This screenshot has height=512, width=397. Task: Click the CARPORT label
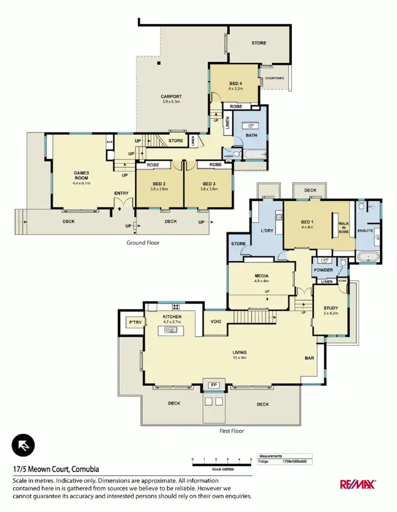(x=171, y=97)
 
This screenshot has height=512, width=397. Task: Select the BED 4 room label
(x=236, y=83)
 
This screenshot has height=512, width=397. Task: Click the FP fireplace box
(x=214, y=385)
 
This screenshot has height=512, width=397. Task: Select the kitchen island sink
(x=171, y=330)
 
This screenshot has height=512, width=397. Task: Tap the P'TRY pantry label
(x=131, y=322)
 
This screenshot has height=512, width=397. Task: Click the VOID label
(x=215, y=321)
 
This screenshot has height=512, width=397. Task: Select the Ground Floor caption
(x=142, y=243)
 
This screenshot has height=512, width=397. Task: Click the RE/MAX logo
(x=357, y=484)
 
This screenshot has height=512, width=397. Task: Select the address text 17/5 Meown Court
(x=56, y=469)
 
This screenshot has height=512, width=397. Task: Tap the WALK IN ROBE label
(x=343, y=227)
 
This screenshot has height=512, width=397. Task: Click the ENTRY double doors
(x=122, y=203)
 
